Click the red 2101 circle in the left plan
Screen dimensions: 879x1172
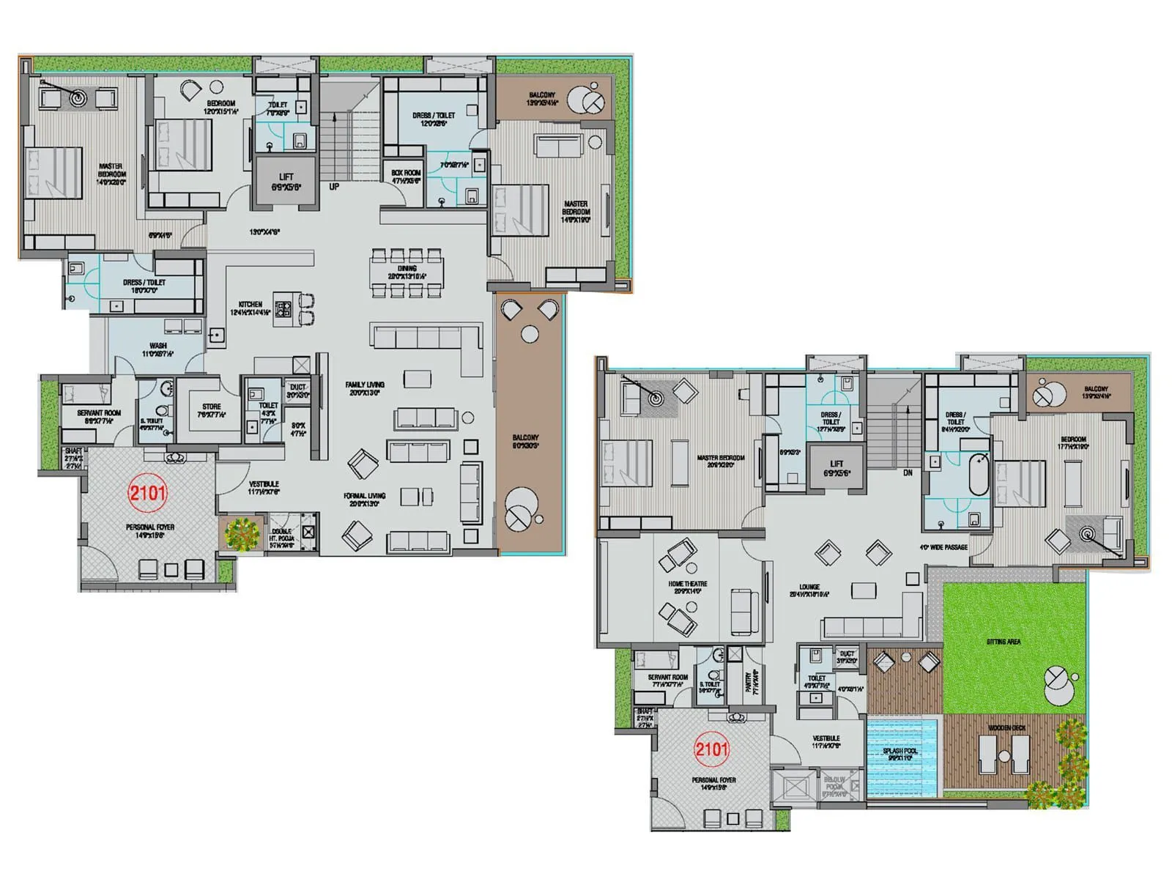click(147, 492)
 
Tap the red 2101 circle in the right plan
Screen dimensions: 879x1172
click(711, 749)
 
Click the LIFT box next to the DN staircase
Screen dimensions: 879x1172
click(837, 467)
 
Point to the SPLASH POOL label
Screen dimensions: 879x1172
click(900, 754)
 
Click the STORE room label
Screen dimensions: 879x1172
click(212, 409)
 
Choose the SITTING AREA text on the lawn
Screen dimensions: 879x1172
click(1003, 642)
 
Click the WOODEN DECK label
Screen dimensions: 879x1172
click(1006, 727)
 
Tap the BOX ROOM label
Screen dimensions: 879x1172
click(405, 176)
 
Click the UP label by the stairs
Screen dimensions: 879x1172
click(334, 187)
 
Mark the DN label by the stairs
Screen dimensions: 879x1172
click(907, 473)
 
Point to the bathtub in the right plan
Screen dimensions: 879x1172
click(979, 475)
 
